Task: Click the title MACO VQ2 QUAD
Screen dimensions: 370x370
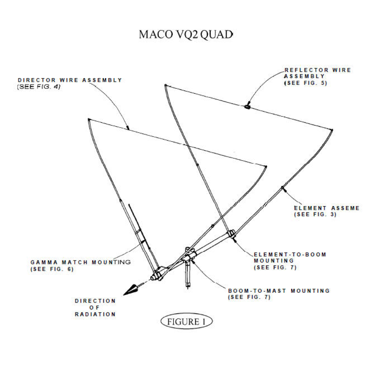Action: [186, 34]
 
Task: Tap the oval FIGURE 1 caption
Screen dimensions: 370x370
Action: [186, 322]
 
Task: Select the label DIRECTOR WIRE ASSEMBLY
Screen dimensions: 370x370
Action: [70, 80]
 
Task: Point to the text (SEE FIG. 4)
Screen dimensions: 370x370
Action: [39, 87]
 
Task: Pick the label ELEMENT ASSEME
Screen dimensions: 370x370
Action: [327, 208]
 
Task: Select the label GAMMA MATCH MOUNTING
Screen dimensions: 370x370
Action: [81, 262]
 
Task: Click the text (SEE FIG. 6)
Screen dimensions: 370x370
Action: [52, 269]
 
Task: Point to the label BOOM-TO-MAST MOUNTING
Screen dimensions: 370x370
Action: [279, 291]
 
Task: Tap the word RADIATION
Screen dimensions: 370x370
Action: [95, 314]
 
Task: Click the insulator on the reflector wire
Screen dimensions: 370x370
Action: [247, 107]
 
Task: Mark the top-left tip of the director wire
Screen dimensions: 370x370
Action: [89, 119]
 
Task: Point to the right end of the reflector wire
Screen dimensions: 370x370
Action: [332, 129]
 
